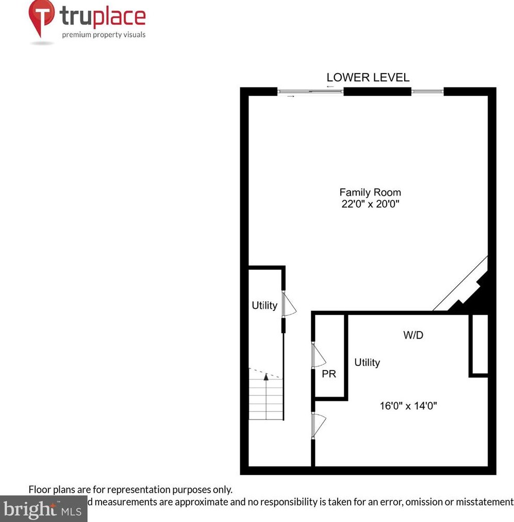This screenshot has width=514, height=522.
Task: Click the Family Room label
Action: click(x=370, y=193)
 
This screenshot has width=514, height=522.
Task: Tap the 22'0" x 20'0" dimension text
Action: click(x=370, y=204)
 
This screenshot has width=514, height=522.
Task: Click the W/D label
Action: click(x=413, y=336)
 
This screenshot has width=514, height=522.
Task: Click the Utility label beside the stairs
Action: click(x=264, y=305)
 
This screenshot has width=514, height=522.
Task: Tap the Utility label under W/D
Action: click(x=367, y=362)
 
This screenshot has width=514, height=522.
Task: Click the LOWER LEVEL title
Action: click(x=368, y=78)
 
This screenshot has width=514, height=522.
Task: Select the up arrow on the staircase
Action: click(x=266, y=377)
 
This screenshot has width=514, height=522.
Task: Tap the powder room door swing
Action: click(x=319, y=355)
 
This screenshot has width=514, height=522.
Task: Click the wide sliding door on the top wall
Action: click(x=310, y=92)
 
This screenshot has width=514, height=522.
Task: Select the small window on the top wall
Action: click(x=427, y=92)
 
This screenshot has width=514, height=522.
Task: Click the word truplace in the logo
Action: click(x=103, y=18)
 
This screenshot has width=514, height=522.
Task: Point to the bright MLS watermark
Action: click(x=43, y=510)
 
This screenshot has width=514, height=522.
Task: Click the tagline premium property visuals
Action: click(x=104, y=35)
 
